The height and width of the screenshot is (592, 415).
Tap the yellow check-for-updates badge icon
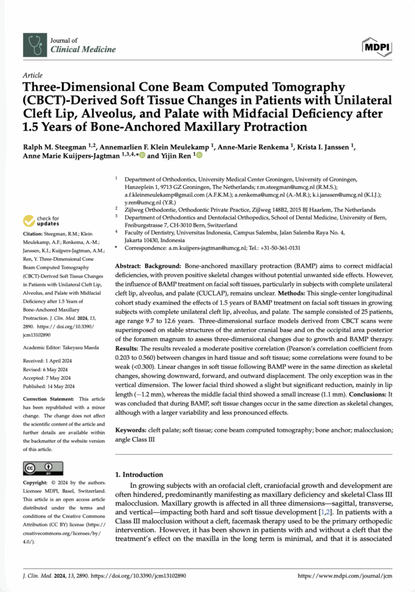click(28, 221)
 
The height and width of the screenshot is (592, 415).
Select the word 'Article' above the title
click(33, 76)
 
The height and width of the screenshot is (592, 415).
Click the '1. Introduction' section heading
click(139, 474)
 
